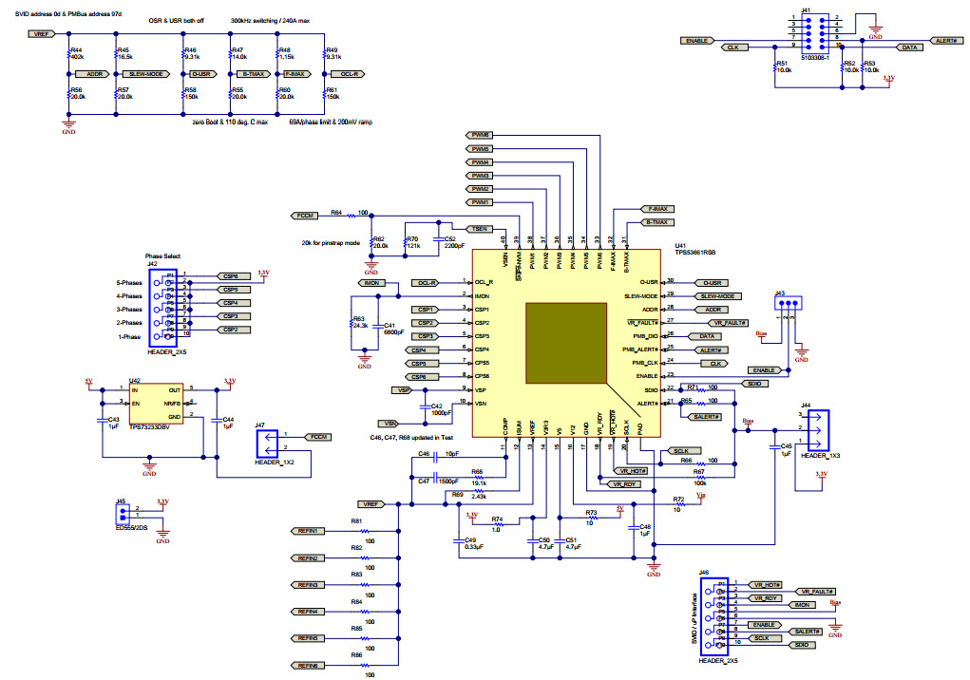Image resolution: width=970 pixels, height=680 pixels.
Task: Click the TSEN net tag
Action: [x=481, y=229]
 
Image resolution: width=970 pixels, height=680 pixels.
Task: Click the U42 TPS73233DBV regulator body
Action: [x=158, y=407]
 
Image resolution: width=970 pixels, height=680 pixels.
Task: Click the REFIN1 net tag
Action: [x=308, y=531]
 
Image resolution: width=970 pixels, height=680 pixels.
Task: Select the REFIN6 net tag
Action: [x=308, y=664]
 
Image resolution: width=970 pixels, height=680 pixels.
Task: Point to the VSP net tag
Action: [x=405, y=390]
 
